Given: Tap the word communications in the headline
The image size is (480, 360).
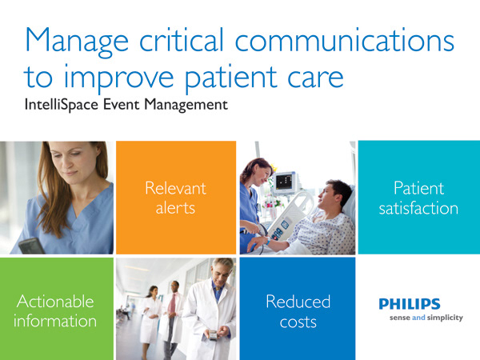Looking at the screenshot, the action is coord(344,39).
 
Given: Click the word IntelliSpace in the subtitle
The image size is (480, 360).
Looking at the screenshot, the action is coord(62,104).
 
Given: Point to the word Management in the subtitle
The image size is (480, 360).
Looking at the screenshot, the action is coord(186,105).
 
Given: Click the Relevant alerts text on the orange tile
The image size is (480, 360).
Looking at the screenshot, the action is coord(176,198).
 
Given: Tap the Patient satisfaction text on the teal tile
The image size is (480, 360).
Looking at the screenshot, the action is coord(418,198).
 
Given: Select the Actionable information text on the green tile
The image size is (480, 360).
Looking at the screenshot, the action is coord(55,311).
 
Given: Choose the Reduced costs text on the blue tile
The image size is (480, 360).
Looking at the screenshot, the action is coord(298,311).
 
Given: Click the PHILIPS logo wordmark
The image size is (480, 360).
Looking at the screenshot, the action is coord(410,304).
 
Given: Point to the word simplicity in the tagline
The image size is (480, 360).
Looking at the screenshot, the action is coord(445,318).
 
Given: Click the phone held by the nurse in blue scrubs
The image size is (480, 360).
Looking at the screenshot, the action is coord(31,246).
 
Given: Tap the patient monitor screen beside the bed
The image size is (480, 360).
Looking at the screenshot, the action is coord(284,182).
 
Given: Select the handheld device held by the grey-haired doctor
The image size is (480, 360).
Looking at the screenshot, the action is coord(213,334).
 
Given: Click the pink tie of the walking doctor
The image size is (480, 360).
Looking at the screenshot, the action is coord(173,302).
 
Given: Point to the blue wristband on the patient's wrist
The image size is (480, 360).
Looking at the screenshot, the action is coord(268,242).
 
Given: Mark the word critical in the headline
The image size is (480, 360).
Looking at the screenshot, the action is coord(182,40).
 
